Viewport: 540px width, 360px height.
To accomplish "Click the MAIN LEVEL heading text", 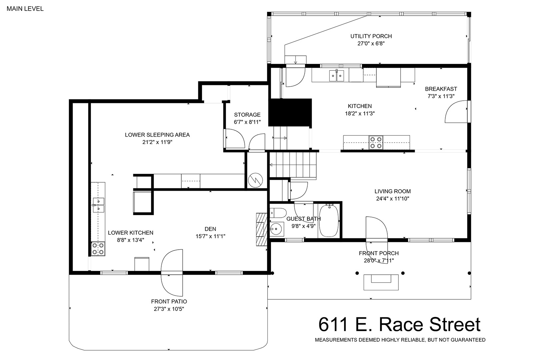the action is point(25,9).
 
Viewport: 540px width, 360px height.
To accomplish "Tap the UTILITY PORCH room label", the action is point(371,36).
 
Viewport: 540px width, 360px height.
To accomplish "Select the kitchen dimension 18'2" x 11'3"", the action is point(360,113).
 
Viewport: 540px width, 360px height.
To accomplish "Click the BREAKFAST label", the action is point(441,89).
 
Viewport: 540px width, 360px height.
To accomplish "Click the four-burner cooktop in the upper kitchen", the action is point(376,143).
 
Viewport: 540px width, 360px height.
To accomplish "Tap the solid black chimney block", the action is point(290,112).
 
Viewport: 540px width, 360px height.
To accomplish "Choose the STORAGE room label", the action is point(247,115).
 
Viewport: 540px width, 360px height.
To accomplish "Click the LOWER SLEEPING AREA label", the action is point(157,135).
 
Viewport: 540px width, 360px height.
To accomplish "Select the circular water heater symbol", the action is point(255,180).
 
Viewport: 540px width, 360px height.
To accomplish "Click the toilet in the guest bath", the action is point(278,213).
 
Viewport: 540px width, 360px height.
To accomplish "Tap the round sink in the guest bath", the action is point(277,229).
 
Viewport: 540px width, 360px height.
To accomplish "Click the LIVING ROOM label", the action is point(392,191).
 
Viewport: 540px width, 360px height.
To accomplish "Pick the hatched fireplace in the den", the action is point(262,229).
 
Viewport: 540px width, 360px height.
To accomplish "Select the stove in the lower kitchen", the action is point(98,249).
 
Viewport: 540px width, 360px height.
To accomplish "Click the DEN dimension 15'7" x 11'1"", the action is point(210,236).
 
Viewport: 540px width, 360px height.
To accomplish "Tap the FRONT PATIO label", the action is point(169,301).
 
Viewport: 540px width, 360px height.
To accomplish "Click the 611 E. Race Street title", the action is point(399,325).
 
